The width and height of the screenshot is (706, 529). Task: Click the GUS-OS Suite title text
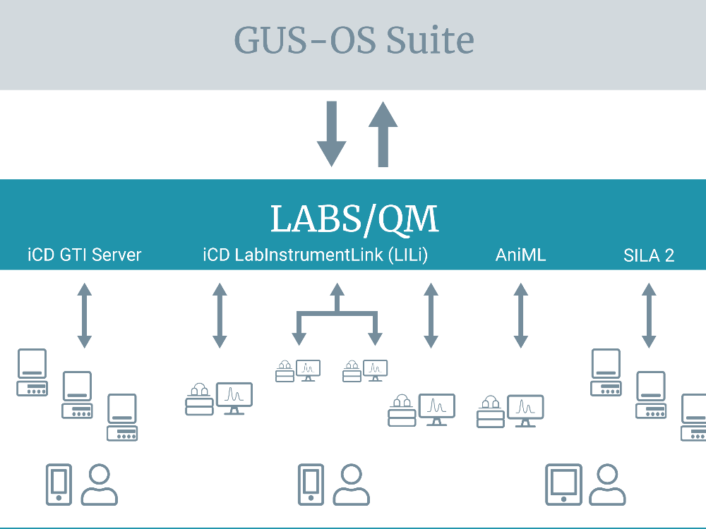354,40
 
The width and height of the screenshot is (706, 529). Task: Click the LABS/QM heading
354,219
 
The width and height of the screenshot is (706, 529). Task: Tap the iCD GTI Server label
85,255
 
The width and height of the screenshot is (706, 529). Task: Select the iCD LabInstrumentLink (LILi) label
315,255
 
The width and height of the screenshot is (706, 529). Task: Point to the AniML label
520,255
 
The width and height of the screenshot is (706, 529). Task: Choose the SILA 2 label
649,255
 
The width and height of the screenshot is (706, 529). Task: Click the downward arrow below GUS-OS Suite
332,134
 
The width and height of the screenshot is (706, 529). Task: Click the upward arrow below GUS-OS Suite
383,134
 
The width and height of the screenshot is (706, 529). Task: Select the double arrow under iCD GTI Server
85,315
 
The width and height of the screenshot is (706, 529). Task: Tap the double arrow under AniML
521,315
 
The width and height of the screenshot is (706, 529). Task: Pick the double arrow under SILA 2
649,315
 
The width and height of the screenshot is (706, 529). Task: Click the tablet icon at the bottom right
563,485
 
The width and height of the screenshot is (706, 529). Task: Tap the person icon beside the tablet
607,485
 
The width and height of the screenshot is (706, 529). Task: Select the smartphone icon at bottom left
59,485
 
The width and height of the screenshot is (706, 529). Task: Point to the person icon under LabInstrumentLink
351,485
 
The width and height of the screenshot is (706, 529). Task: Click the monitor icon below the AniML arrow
525,411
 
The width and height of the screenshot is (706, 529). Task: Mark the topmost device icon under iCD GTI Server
32,372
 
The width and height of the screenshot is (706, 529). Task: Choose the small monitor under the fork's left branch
308,371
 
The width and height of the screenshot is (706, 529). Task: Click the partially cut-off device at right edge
693,418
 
